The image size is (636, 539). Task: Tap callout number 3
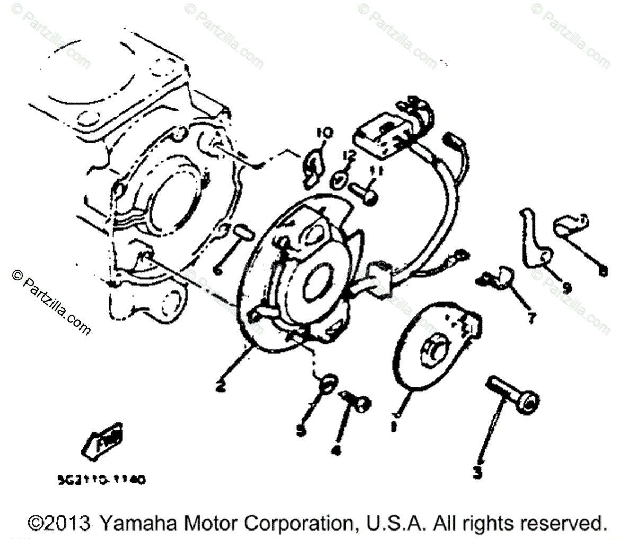pyautogui.click(x=478, y=472)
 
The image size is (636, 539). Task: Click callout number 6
pyautogui.click(x=216, y=270)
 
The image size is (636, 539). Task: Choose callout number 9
pyautogui.click(x=567, y=288)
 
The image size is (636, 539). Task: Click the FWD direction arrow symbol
pyautogui.click(x=102, y=439)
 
